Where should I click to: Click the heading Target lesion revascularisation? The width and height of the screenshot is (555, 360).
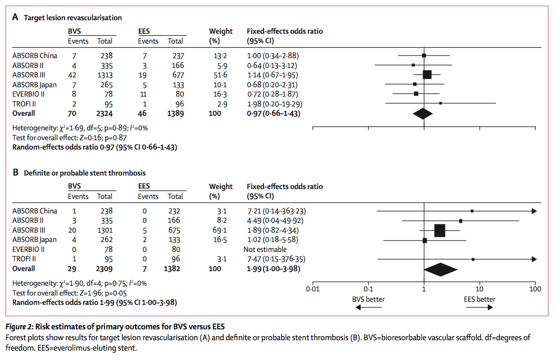73,18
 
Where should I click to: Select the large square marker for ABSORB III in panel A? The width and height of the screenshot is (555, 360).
427,74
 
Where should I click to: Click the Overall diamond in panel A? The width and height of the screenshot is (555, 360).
422,113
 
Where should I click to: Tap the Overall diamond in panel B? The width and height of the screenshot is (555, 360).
441,269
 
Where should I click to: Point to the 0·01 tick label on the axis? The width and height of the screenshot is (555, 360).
312,288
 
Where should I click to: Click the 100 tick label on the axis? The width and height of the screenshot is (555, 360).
535,288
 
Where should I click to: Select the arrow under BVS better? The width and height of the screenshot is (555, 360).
368,308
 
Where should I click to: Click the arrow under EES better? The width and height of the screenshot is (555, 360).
480,308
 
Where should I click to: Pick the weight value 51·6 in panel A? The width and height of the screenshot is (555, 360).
216,74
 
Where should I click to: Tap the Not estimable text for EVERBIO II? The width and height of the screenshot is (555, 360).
265,249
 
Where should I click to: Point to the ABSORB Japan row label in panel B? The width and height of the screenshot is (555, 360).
34,239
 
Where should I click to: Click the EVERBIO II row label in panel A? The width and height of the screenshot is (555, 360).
31,94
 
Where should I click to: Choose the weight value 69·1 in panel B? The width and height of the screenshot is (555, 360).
216,230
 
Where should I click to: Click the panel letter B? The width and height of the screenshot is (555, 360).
16,172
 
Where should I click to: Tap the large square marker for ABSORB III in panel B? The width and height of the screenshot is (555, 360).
440,231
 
